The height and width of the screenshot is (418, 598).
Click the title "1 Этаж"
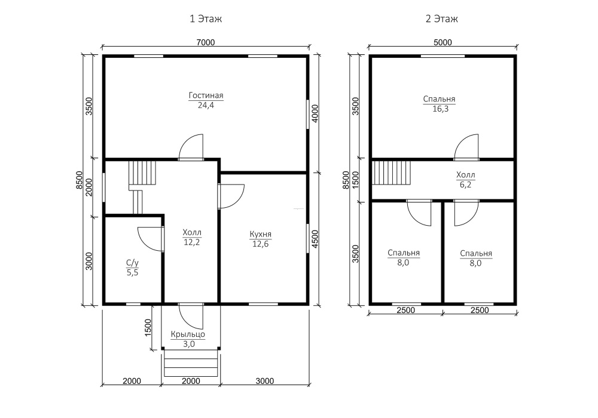(x=206, y=19)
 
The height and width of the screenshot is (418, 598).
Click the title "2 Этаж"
(x=442, y=19)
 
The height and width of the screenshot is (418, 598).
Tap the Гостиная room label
(x=206, y=96)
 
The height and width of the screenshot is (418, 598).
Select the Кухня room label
(x=261, y=234)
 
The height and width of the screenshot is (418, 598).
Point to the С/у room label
(x=132, y=263)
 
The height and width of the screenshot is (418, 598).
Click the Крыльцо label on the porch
(x=188, y=334)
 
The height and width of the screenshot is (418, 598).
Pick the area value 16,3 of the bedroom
(x=440, y=109)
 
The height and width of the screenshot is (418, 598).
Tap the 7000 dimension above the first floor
(x=206, y=42)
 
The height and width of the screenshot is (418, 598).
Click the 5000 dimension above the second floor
(x=443, y=42)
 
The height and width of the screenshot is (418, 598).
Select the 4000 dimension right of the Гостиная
(x=315, y=113)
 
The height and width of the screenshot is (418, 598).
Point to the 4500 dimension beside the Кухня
(x=315, y=239)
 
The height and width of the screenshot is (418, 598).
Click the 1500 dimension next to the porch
(x=148, y=327)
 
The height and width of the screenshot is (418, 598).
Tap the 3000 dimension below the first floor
(x=265, y=381)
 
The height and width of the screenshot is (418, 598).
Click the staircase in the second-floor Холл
(x=391, y=173)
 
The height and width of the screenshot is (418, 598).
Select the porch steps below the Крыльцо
(x=191, y=363)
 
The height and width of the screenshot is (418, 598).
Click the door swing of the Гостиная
(x=191, y=146)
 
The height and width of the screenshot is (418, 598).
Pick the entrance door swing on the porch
(x=191, y=316)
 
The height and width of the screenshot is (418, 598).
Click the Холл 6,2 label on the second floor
(x=466, y=180)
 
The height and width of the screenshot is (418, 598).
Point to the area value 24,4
(x=206, y=106)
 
